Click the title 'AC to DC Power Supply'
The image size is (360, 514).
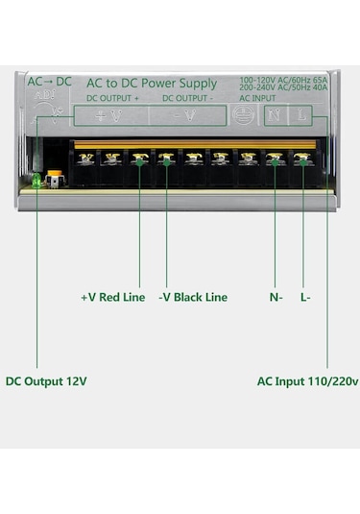152,83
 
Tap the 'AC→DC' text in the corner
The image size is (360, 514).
50,81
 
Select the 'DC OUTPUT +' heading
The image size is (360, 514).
112,98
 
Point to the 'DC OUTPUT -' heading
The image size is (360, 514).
188,98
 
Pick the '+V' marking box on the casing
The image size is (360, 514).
111,115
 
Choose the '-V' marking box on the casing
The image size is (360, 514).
188,115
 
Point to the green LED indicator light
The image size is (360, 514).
36,180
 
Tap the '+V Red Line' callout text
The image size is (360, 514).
112,297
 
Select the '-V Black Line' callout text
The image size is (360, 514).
193,297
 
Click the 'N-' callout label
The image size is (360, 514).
276,297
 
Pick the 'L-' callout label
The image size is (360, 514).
305,297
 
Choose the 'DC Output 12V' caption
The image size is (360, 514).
46,380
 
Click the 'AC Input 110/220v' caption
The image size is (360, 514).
307,380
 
